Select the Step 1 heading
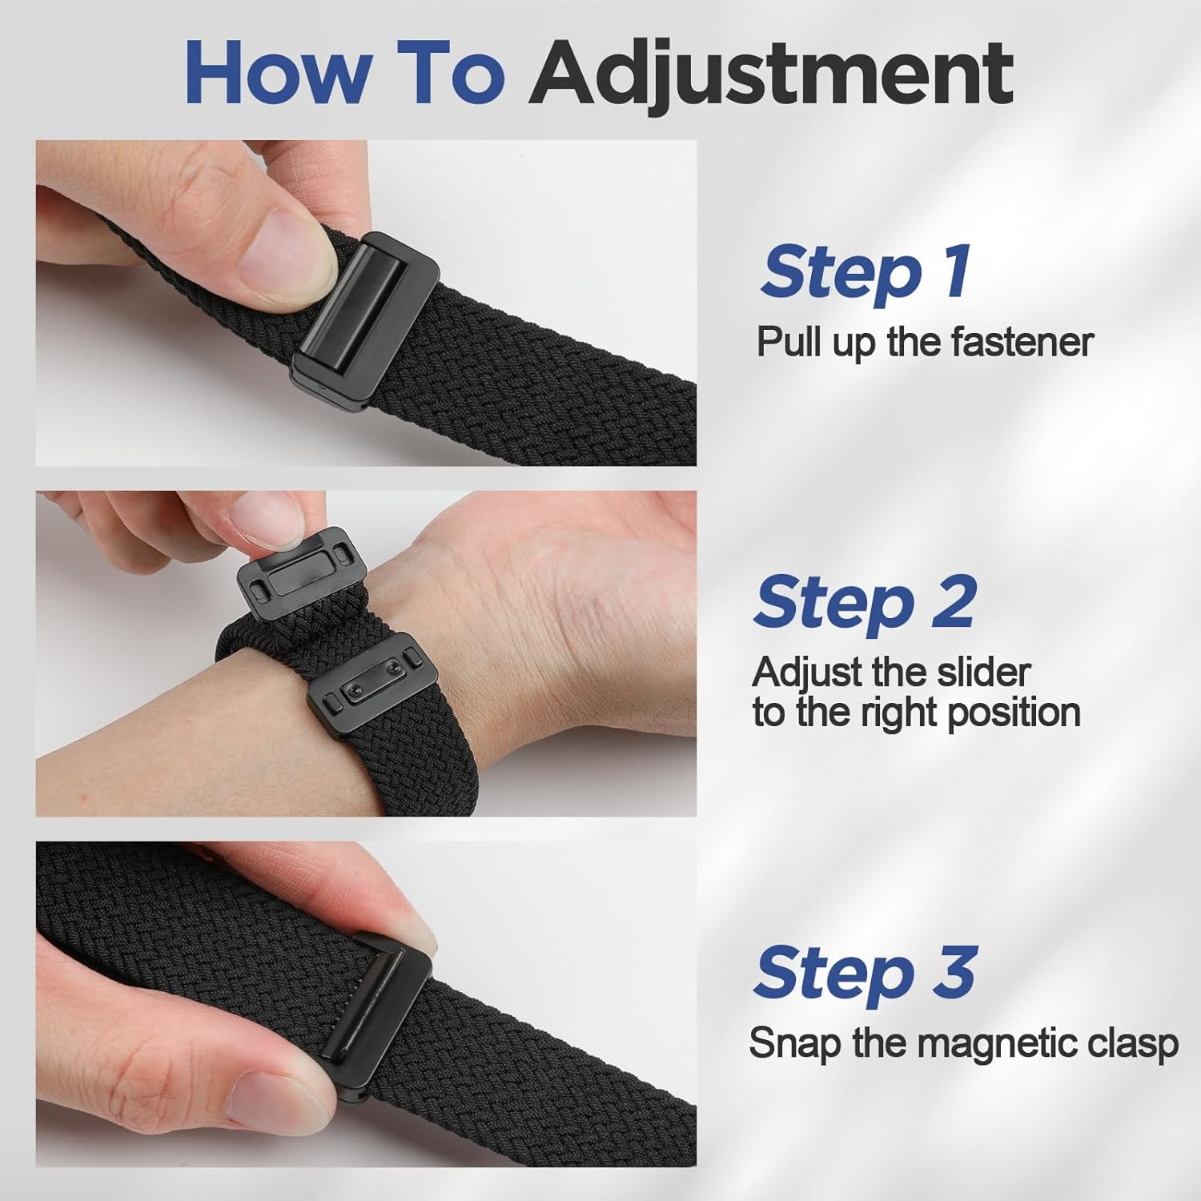[866, 271]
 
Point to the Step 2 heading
[864, 603]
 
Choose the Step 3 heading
[864, 972]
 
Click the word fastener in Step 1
[1022, 342]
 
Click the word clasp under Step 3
[1135, 1043]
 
